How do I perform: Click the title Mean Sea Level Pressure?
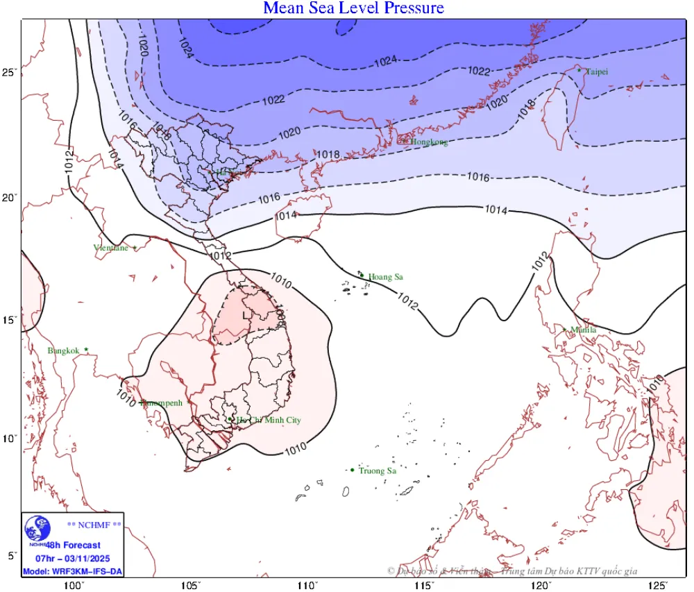(353, 8)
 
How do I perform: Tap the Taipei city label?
(598, 71)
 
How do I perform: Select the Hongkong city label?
(428, 142)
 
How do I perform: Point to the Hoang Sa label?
(386, 277)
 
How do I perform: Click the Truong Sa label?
(378, 471)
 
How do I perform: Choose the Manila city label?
(583, 330)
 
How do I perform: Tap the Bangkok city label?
(64, 351)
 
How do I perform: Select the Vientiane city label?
(111, 248)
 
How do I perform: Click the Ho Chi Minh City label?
(269, 421)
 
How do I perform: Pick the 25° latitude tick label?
(9, 72)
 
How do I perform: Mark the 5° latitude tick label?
(11, 556)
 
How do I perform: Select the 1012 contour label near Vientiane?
(220, 255)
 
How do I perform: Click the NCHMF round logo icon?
(37, 530)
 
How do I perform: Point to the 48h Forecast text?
(74, 546)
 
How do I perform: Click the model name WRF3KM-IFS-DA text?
(72, 571)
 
